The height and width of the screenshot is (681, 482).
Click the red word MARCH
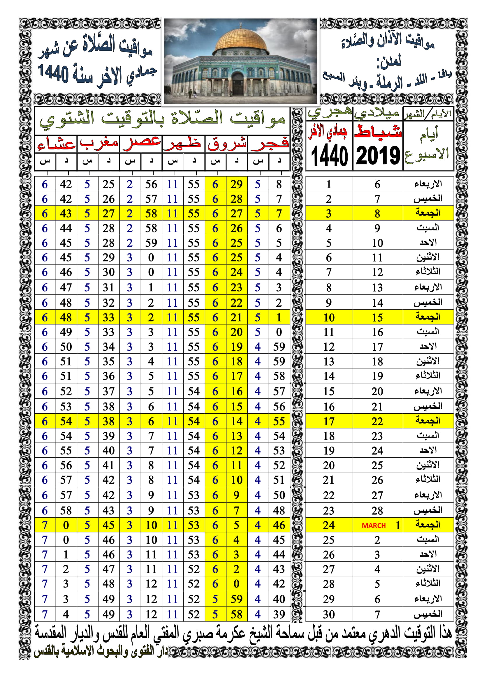(373, 525)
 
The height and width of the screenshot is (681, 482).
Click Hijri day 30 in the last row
(329, 614)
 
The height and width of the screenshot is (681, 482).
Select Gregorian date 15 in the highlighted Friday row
(377, 317)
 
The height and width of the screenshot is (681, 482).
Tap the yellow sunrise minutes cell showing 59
(237, 599)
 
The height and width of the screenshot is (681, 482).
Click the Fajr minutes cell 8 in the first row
(279, 184)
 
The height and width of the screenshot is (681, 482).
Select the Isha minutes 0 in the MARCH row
(66, 525)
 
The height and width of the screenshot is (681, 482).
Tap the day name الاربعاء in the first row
(428, 184)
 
